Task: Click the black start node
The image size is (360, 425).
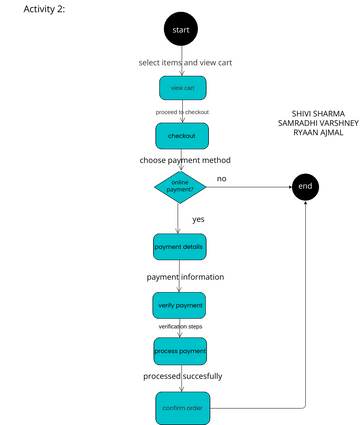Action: click(x=181, y=30)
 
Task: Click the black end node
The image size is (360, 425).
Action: click(x=305, y=186)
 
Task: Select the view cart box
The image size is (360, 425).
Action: click(x=181, y=88)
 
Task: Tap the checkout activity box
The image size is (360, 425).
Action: click(x=181, y=135)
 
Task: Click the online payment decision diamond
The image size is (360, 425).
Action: click(x=180, y=185)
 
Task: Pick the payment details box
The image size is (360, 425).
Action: click(x=180, y=246)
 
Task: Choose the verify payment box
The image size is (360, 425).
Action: click(x=180, y=304)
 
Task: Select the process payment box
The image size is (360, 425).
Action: click(x=180, y=351)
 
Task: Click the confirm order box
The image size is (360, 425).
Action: click(x=180, y=407)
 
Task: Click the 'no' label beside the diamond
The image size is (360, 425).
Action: click(x=221, y=178)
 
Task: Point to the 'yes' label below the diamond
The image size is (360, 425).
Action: click(x=198, y=218)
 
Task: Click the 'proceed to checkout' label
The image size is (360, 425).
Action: click(x=182, y=112)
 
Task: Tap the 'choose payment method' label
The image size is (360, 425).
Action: click(x=185, y=160)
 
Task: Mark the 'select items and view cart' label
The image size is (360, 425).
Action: click(x=182, y=62)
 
